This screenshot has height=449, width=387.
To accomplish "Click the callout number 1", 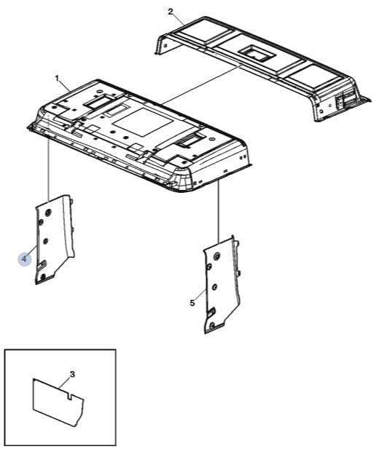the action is tap(57, 78).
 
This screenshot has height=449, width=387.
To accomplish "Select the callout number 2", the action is tap(171, 12).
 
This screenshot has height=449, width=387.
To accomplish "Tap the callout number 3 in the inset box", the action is tap(72, 374).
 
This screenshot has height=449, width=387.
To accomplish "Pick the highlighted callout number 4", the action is tap(24, 259).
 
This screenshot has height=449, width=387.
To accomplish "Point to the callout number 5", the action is tap(192, 303).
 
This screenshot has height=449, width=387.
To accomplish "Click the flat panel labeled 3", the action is tap(58, 401).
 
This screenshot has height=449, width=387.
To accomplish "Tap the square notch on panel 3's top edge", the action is tap(69, 396).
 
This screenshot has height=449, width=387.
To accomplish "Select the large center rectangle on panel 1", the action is tap(143, 122).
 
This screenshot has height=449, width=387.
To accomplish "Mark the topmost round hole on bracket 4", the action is tap(48, 212).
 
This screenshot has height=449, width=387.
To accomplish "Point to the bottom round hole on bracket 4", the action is tap(43, 277).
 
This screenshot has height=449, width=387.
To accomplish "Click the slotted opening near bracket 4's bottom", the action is tap(42, 265).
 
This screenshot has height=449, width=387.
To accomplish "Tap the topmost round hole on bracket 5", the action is tap(217, 256).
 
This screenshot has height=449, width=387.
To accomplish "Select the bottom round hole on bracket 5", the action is tap(212, 325).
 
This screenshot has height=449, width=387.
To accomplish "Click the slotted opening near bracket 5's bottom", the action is tap(211, 313).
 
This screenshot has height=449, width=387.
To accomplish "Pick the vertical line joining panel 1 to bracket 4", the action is tap(49, 169).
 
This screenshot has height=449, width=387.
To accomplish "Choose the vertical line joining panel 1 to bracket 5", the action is tap(219, 212).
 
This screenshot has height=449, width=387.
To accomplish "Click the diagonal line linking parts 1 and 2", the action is tap(202, 84).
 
